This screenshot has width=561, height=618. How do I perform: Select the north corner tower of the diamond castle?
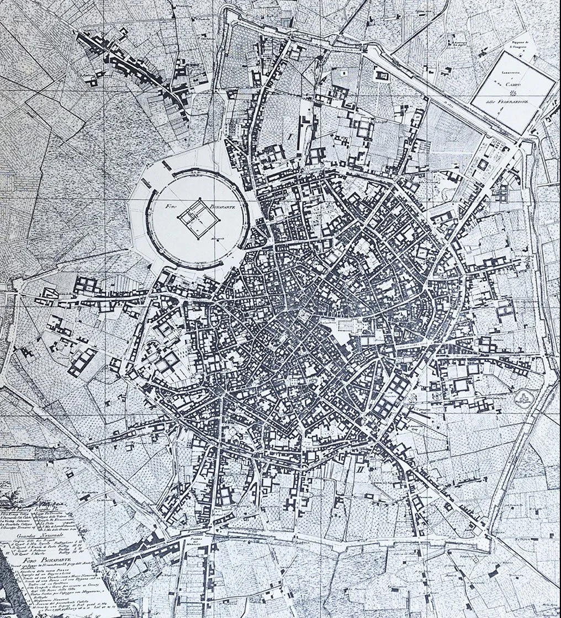200,199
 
